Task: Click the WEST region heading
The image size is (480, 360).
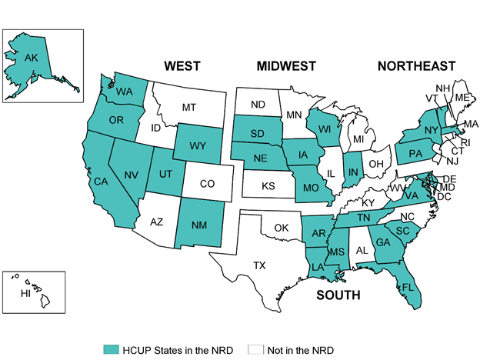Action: (x=182, y=66)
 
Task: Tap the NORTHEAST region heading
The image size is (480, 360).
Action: (x=415, y=66)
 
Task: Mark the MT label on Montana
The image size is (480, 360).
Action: (x=188, y=108)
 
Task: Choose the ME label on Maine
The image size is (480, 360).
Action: (x=461, y=98)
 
